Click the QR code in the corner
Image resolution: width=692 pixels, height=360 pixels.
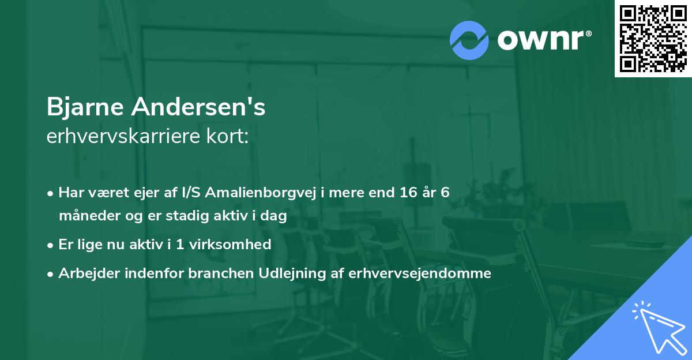click(x=653, y=38)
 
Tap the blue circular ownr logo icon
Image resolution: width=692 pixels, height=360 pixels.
click(x=469, y=40)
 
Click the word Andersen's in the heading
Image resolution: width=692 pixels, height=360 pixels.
click(x=198, y=107)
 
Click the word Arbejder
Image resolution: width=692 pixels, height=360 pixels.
click(x=84, y=273)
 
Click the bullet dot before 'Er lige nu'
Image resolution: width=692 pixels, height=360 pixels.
click(x=51, y=245)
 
